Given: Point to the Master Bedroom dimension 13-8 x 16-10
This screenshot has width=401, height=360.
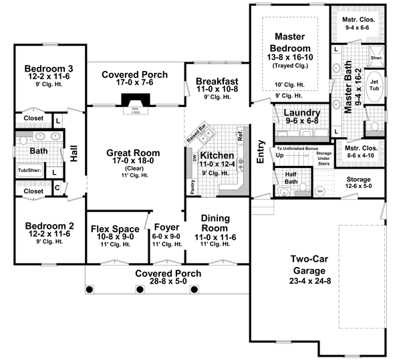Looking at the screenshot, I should pos(289,59).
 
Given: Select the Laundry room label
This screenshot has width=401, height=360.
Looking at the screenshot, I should pos(301,113).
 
